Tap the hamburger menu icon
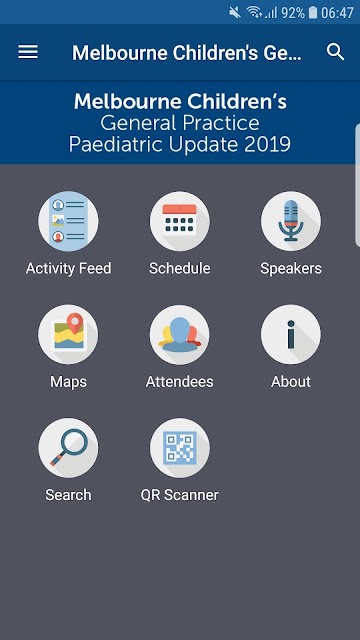[28, 52]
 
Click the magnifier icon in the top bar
[336, 52]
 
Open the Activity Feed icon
[68, 221]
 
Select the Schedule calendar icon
[180, 221]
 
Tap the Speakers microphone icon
[291, 221]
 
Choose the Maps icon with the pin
[68, 335]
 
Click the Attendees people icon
[180, 335]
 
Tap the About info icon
[291, 335]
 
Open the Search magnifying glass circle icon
[68, 448]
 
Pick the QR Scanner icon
[180, 448]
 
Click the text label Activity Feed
[68, 269]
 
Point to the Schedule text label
[180, 269]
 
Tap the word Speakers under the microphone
[291, 269]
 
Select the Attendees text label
[180, 382]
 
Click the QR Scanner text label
[180, 495]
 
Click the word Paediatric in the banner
[117, 144]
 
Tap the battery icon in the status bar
[313, 13]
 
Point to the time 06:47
[337, 13]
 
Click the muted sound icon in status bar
[235, 13]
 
